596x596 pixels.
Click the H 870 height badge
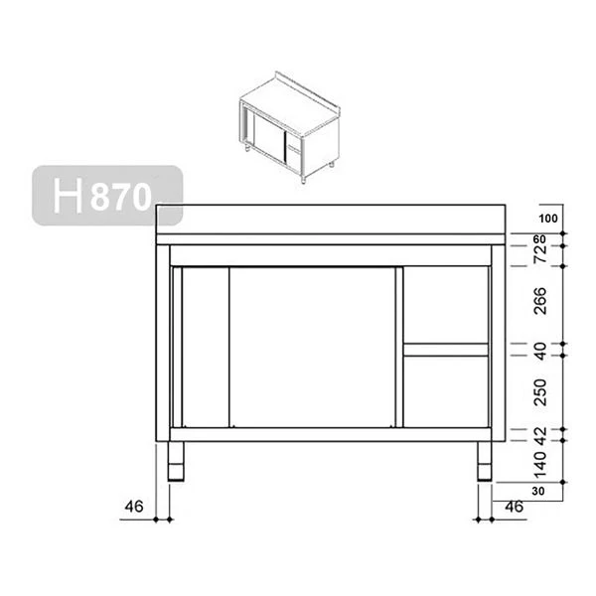[x=105, y=195]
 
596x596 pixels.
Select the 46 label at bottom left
[x=134, y=507]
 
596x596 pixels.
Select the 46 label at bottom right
[x=514, y=507]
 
